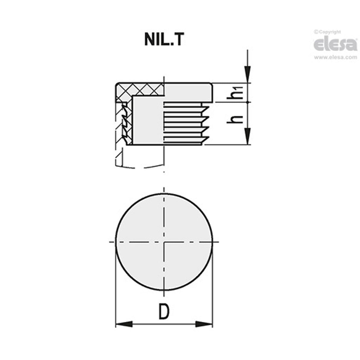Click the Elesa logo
coord(335,44)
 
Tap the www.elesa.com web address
coord(335,58)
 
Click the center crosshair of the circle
coord(164,242)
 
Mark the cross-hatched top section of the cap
coord(139,89)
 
